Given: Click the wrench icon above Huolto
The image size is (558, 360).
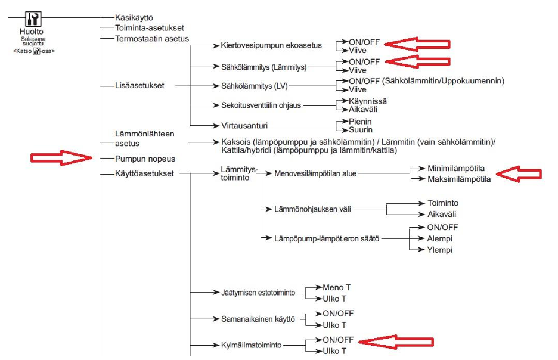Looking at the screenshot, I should pyautogui.click(x=33, y=18).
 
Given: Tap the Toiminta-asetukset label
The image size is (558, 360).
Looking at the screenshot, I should pyautogui.click(x=150, y=27).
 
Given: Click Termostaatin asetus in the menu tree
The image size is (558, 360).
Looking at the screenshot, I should pyautogui.click(x=152, y=38).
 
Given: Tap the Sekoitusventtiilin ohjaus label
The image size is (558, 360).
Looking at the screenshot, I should pyautogui.click(x=257, y=105).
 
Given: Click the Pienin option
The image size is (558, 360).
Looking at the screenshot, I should pyautogui.click(x=360, y=121).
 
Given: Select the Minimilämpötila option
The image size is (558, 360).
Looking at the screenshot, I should pyautogui.click(x=456, y=168).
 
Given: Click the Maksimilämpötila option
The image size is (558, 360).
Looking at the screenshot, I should pyautogui.click(x=458, y=178).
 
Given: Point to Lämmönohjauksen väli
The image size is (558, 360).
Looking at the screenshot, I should pyautogui.click(x=313, y=209).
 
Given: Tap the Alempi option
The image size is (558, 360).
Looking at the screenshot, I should pyautogui.click(x=440, y=238).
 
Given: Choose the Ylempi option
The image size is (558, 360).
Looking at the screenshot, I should pyautogui.click(x=439, y=250).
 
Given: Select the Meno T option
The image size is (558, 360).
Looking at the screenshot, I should pyautogui.click(x=336, y=287).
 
